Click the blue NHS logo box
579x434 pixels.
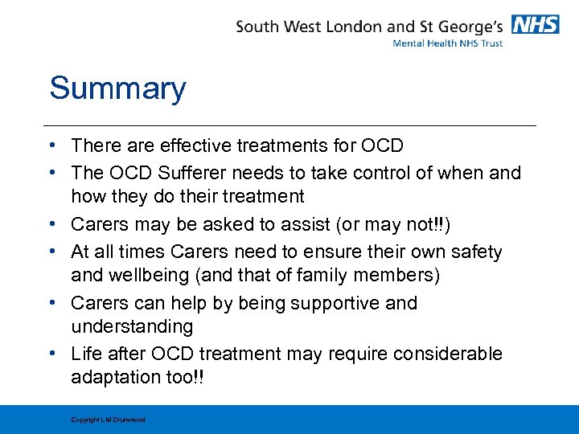(536, 24)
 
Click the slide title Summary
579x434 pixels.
(117, 88)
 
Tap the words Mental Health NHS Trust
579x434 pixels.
(447, 43)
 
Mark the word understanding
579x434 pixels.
(132, 327)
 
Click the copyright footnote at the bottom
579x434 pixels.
(108, 420)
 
